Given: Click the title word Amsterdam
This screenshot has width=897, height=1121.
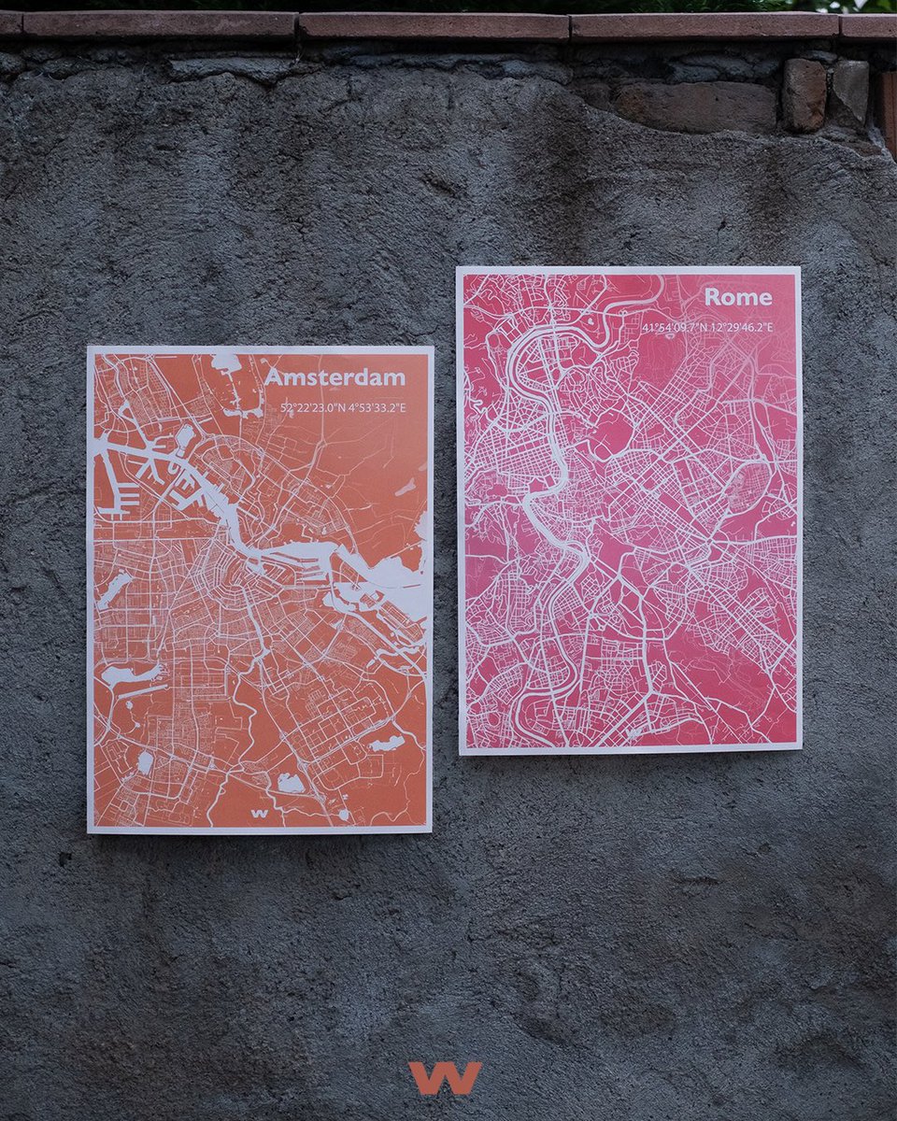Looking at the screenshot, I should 335,377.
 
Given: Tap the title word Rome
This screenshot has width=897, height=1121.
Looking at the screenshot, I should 738,297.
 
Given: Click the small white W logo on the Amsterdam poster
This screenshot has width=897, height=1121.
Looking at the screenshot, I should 260,813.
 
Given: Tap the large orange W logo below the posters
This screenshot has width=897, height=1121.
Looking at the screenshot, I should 445,1077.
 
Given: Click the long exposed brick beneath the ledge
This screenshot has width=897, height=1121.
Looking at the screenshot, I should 695,106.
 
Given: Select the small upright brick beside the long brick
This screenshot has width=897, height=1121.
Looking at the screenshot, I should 804,94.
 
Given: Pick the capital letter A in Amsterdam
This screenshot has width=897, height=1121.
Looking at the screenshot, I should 273,377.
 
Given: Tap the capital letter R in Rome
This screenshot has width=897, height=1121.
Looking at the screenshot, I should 713,297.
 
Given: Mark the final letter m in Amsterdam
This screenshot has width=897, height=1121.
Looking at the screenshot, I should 395,379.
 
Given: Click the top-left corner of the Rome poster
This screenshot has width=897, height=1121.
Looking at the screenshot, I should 458,269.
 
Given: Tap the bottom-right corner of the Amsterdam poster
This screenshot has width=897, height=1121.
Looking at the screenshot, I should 430,830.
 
